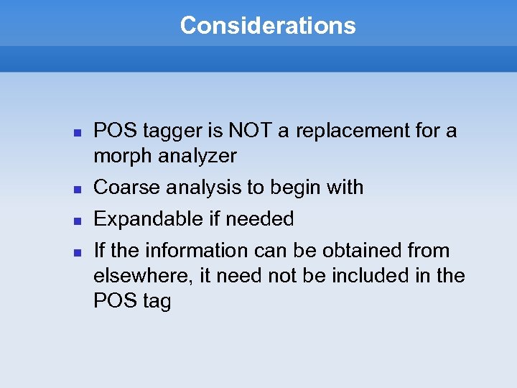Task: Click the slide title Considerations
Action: point(267,26)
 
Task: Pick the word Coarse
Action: point(127,188)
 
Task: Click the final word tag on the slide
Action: point(157,302)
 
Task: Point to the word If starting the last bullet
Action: point(100,251)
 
